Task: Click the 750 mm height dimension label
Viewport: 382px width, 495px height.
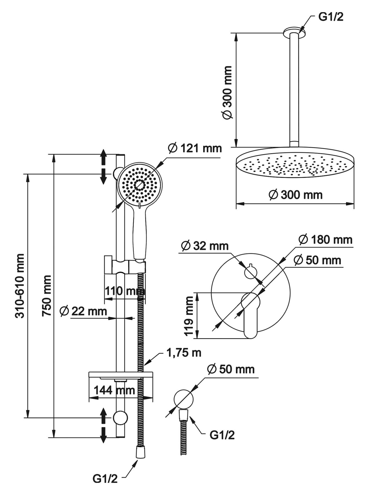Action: (46, 295)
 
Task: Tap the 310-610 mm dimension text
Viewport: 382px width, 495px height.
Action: (20, 286)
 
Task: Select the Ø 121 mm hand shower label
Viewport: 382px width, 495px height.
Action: (195, 148)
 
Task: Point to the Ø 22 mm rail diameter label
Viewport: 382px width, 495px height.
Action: (83, 311)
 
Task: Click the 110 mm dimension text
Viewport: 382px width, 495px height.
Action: (125, 291)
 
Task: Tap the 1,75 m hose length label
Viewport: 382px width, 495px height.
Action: (184, 353)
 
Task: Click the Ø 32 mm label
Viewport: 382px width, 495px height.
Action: (205, 246)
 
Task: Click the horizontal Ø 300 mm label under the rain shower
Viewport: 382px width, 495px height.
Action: (295, 195)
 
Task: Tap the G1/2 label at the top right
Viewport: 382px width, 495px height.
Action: (331, 17)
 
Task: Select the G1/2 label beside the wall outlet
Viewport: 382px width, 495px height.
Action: (222, 435)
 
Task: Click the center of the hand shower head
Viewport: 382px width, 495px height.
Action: (140, 185)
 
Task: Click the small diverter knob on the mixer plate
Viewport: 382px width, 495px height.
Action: (250, 272)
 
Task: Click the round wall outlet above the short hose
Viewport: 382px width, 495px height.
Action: (184, 399)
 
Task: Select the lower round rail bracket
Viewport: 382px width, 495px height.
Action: (120, 417)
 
